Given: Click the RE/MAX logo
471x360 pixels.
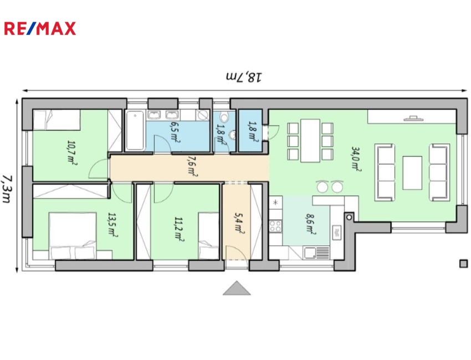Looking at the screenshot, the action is coord(40,29).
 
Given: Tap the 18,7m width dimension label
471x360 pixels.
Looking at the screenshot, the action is coord(244,76).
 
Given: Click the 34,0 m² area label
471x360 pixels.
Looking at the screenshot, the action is coord(356,159).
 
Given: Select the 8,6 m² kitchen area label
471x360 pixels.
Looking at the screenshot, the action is coord(310,223).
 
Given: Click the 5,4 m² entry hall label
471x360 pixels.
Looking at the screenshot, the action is coord(239,223).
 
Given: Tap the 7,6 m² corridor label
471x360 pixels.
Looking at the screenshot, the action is coord(192,166).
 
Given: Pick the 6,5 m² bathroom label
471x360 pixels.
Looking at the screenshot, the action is coord(176,131).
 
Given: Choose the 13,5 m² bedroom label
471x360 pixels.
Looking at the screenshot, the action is coord(112,225).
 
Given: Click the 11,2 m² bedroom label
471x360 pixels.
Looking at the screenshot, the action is coord(180,229).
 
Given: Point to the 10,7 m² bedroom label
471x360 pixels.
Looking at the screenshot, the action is coord(72,153).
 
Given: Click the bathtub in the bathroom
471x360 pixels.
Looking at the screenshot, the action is coord(135,130).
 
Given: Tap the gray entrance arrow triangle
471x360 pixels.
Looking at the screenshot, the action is coord(237,288).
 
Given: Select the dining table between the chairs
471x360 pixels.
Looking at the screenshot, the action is coord(310,141).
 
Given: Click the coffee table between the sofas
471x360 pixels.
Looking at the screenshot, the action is coord(412,173).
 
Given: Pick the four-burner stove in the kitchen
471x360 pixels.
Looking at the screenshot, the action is coord(275,226).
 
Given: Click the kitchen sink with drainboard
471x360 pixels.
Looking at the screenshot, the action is coord(316,253).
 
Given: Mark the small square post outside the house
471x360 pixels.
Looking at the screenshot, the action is coord(464,264).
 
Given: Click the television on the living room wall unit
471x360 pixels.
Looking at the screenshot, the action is coord(413,119).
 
